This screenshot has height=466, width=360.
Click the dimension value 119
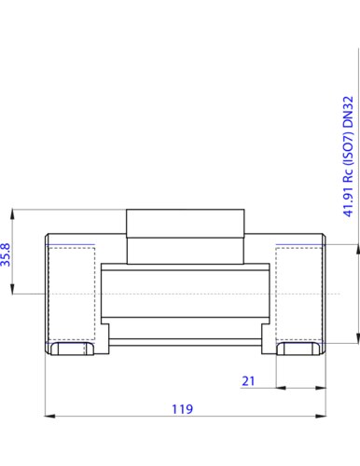[183, 409]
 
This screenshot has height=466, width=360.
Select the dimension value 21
[248, 381]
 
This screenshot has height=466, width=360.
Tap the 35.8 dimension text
[6, 254]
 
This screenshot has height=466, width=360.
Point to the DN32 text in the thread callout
[348, 112]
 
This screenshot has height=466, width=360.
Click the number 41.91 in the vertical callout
[348, 202]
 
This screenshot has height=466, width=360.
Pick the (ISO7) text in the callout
[348, 149]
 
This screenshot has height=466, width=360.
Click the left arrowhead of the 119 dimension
[50, 416]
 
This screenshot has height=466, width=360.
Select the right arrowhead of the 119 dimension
[321, 416]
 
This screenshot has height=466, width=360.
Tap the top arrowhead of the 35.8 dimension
[12, 214]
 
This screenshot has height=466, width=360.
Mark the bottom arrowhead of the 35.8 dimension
[12, 289]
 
